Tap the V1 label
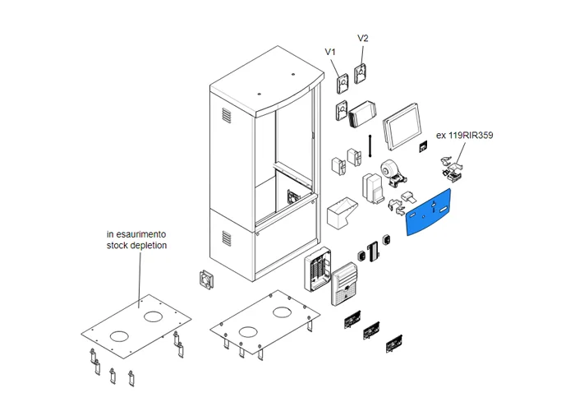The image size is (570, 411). (331, 53)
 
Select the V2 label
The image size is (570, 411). (363, 39)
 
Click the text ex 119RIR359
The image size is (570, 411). (464, 135)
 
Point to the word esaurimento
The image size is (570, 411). (146, 233)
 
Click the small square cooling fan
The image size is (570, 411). (205, 279)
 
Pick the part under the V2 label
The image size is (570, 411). (360, 74)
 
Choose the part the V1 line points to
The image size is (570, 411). (342, 83)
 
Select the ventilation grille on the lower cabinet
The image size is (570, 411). (226, 238)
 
